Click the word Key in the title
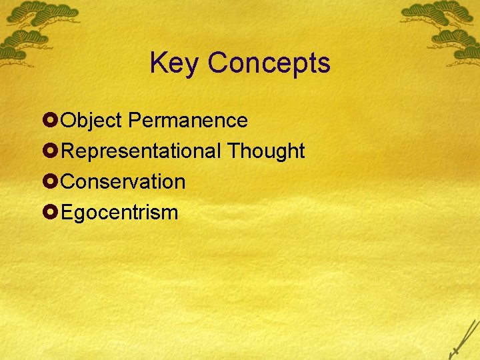[x=175, y=63]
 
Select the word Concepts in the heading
[x=269, y=63]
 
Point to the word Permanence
[x=188, y=121]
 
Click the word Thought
[x=266, y=151]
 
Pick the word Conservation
[x=123, y=182]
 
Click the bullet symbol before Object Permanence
[x=49, y=121]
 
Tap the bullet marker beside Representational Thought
[x=49, y=151]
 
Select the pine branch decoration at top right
[x=443, y=27]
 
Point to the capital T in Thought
[x=233, y=151]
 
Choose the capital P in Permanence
[x=134, y=121]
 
